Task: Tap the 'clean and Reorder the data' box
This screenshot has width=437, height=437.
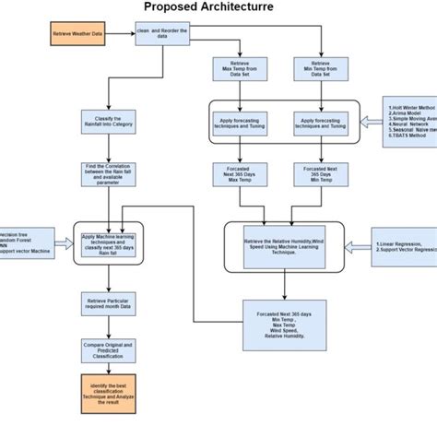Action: (164, 34)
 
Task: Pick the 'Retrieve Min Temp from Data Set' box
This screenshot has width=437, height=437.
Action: (320, 71)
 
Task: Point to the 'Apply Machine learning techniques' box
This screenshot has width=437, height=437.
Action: (112, 244)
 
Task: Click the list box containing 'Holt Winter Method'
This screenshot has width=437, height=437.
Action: (410, 122)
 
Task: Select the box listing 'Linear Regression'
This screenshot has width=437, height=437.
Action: (406, 246)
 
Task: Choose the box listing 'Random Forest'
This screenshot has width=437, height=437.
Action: (23, 243)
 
